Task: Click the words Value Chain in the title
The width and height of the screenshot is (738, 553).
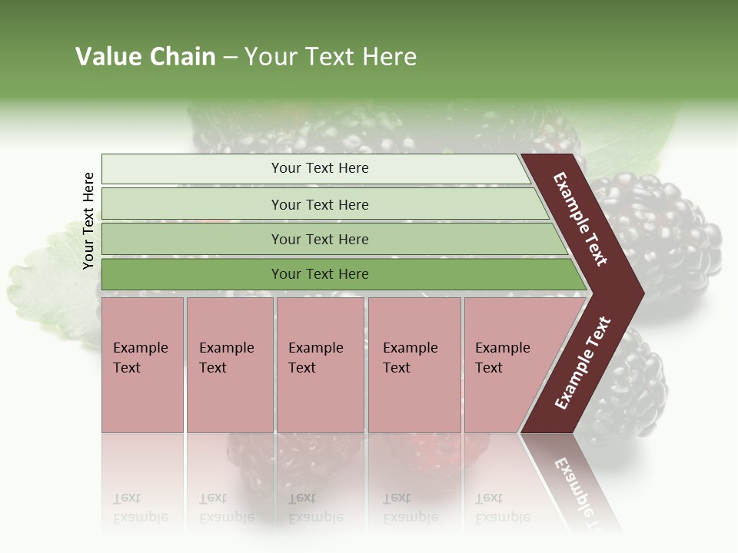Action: [145, 57]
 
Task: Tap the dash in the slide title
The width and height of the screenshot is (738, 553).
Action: [230, 58]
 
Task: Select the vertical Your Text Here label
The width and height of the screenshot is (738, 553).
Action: [88, 220]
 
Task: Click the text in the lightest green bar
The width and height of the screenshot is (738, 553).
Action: [320, 168]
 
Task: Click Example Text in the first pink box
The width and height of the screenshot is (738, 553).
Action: [140, 358]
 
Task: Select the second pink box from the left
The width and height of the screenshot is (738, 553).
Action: [229, 365]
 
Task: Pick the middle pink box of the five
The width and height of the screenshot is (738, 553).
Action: [320, 365]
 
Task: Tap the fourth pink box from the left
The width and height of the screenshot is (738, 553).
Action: [414, 365]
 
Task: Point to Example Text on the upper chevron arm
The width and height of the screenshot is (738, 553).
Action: [580, 219]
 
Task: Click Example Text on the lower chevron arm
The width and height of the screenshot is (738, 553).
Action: [583, 363]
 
